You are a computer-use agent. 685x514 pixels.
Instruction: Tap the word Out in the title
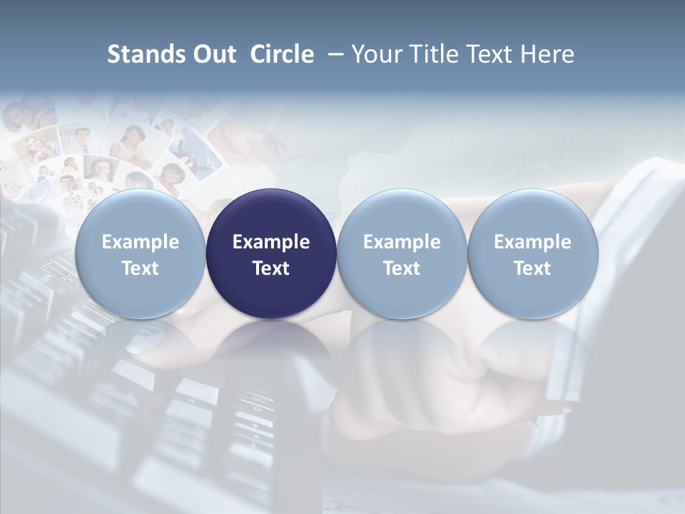coord(213,54)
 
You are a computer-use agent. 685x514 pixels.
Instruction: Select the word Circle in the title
coord(282,54)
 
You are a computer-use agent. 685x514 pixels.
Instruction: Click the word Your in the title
coord(375,54)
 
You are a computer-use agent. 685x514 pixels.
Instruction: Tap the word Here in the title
coord(548,54)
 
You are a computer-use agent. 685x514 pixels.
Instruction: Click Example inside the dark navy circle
coord(271,242)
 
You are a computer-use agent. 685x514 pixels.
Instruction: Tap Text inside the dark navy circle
coord(271,268)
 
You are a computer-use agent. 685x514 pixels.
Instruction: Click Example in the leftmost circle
coord(141,242)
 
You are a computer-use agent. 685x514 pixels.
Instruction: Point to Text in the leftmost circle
coord(141,268)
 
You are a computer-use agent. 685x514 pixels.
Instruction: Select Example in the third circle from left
coord(402,242)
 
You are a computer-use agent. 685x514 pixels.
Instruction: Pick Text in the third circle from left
coord(402,268)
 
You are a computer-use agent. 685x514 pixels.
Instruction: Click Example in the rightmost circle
coord(532,242)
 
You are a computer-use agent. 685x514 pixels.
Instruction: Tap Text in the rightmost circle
coord(532,268)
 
